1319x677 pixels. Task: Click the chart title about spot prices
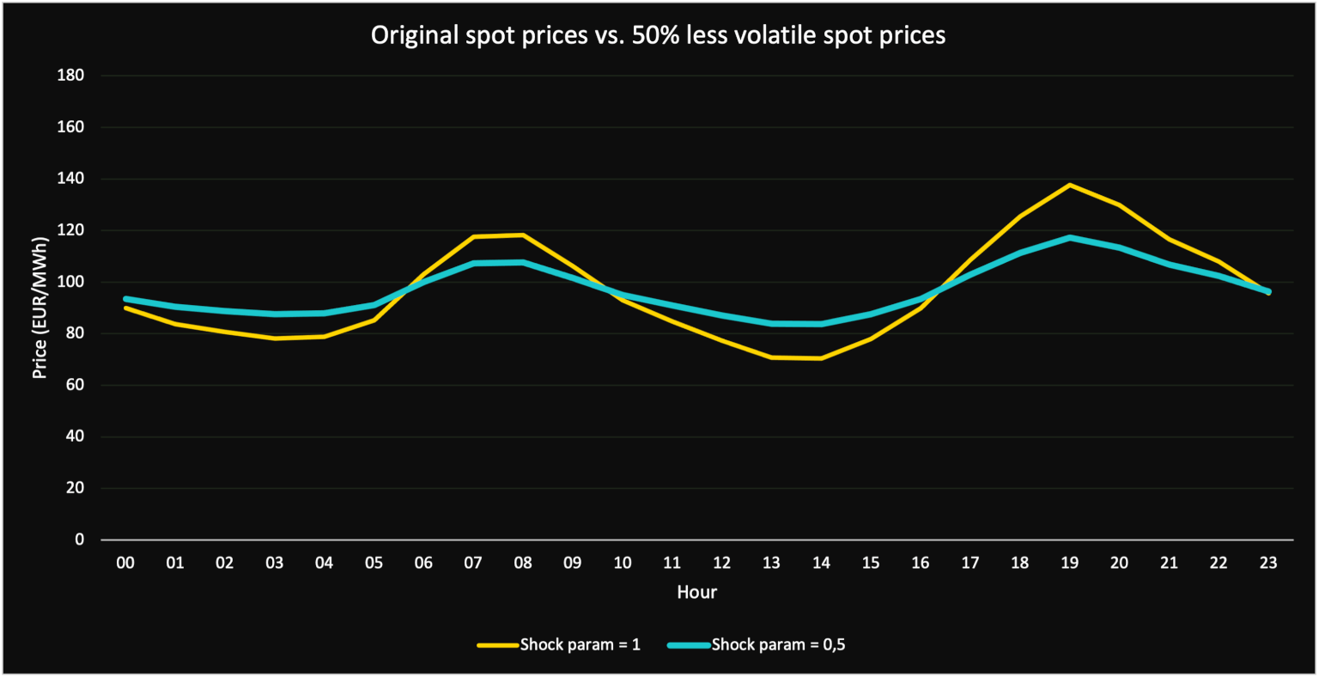click(658, 35)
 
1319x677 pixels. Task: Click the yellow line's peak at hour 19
click(1070, 185)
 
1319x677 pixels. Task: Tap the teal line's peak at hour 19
click(1070, 237)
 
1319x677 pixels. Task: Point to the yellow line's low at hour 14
click(822, 358)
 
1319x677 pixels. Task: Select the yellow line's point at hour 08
click(523, 235)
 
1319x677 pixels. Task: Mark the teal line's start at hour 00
click(126, 299)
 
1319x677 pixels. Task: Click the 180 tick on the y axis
click(70, 76)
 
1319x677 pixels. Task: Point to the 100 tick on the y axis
click(70, 282)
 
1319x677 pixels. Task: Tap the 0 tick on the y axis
click(80, 540)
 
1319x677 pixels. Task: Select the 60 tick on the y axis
click(74, 385)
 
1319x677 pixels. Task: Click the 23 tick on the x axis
click(1268, 564)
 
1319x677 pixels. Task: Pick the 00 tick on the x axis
click(126, 564)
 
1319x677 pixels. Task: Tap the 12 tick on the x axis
click(722, 564)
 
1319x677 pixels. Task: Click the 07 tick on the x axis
click(473, 564)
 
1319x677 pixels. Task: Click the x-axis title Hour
click(696, 592)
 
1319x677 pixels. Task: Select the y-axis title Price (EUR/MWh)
click(39, 308)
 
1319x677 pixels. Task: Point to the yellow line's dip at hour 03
click(275, 338)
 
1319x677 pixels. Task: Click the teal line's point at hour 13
click(772, 323)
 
